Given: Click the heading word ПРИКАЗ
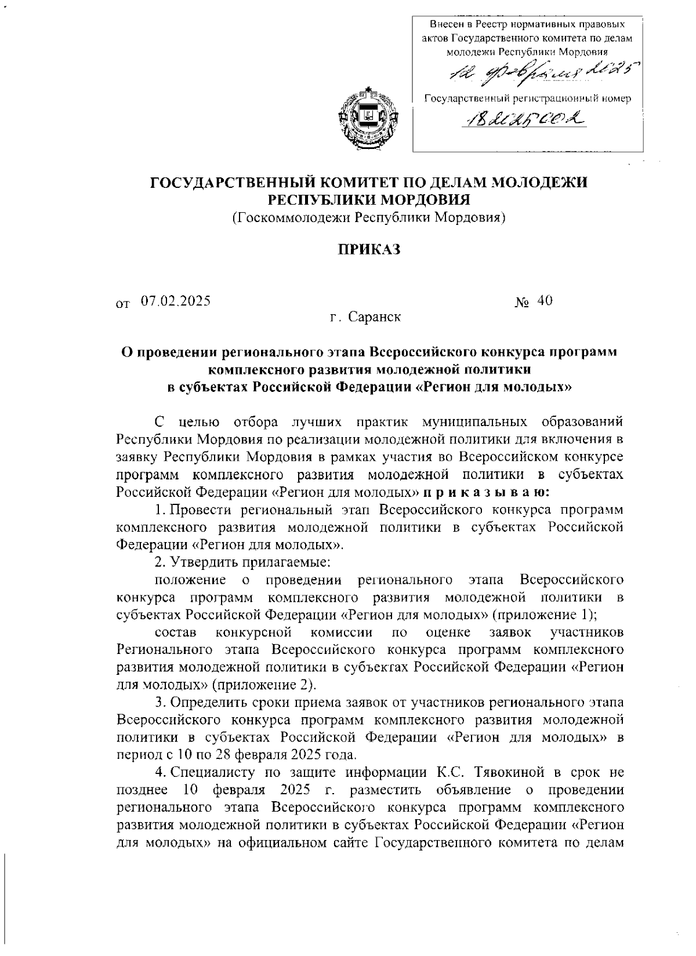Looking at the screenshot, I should coord(369,250).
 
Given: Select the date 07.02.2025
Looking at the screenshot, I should coord(175,301).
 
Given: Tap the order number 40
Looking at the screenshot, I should coord(545,300).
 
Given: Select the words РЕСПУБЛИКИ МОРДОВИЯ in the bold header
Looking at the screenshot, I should coord(369,200).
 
